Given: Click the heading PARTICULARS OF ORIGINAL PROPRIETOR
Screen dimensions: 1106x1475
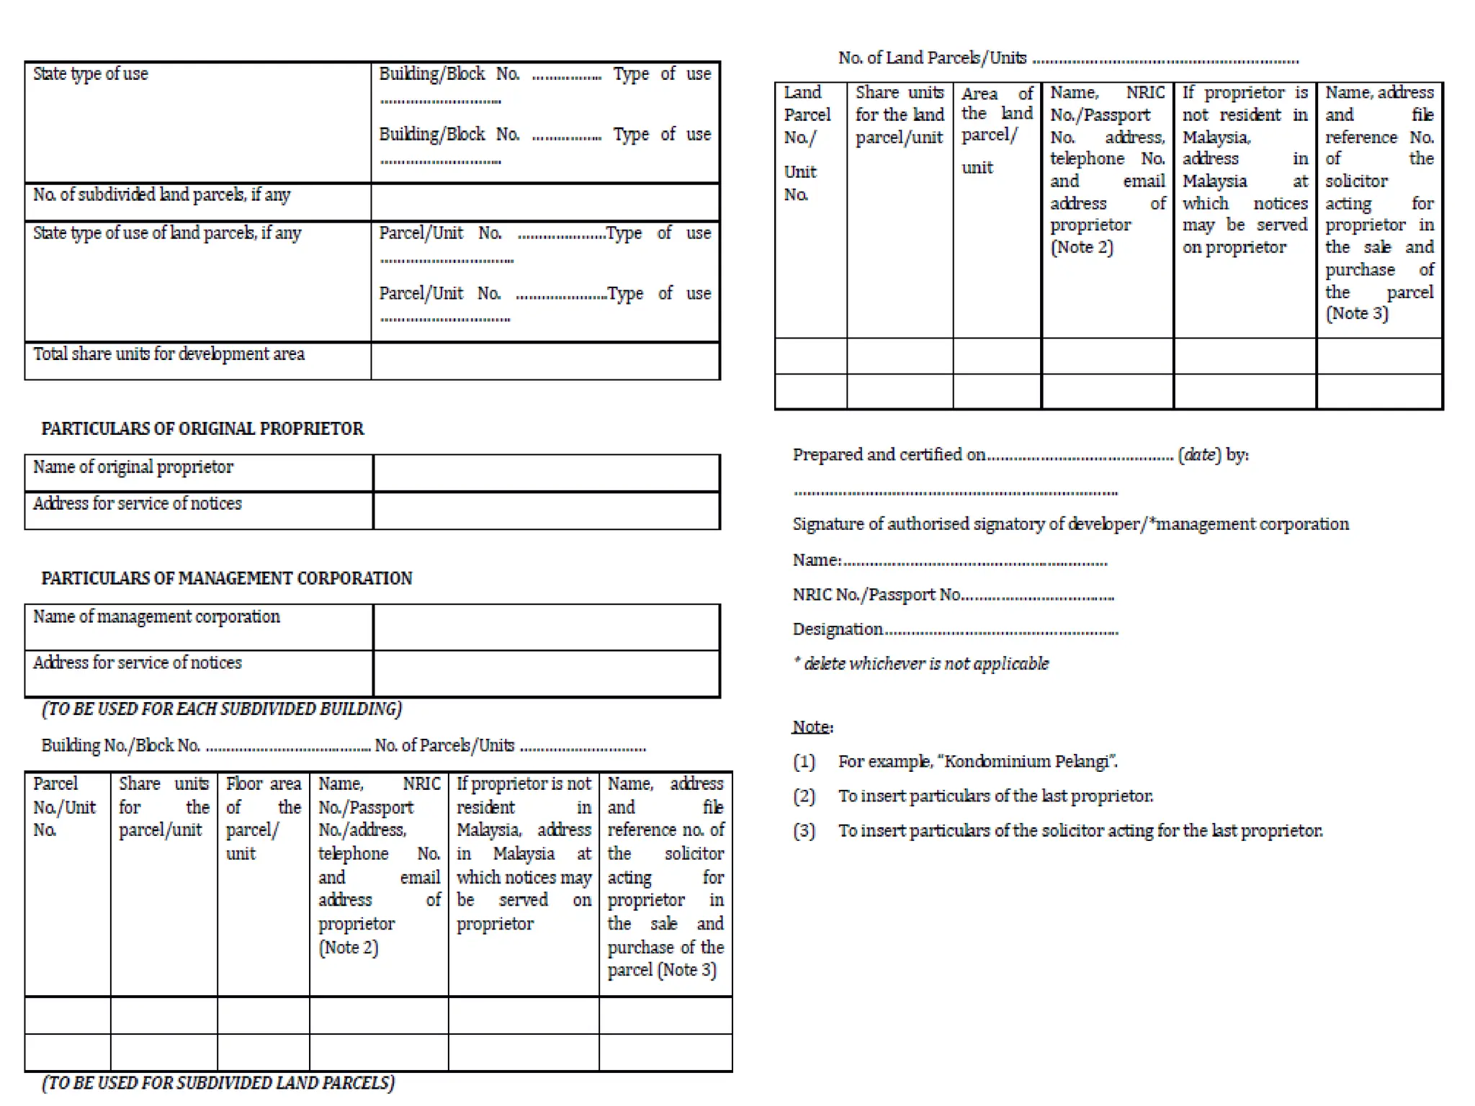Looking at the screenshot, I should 202,429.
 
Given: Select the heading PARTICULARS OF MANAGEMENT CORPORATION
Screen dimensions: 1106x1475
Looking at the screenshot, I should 227,579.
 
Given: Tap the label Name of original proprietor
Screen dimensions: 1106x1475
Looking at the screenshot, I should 133,467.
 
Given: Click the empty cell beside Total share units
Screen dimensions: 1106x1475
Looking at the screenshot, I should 545,361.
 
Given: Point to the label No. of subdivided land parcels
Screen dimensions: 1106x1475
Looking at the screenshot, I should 161,195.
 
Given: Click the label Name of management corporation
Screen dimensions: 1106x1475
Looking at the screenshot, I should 156,617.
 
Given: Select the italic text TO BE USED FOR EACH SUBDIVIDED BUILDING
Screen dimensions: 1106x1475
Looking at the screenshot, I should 222,709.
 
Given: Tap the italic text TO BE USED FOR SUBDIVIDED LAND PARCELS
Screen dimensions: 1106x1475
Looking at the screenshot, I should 218,1084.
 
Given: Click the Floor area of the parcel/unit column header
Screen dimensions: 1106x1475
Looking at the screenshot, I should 263,818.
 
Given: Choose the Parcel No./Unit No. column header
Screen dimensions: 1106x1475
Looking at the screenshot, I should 64,806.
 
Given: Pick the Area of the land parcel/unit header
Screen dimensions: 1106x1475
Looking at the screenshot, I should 997,130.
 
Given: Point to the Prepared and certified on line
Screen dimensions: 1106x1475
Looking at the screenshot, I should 1020,455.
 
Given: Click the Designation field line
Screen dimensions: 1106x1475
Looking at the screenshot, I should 955,630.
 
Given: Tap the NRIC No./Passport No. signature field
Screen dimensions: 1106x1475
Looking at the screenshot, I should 953,595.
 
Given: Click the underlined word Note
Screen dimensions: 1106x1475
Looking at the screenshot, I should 812,727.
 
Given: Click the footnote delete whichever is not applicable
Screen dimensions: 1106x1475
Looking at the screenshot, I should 922,664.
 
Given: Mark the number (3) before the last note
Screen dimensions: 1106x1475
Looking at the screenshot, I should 804,831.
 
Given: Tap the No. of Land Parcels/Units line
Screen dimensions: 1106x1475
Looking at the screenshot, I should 1068,58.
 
